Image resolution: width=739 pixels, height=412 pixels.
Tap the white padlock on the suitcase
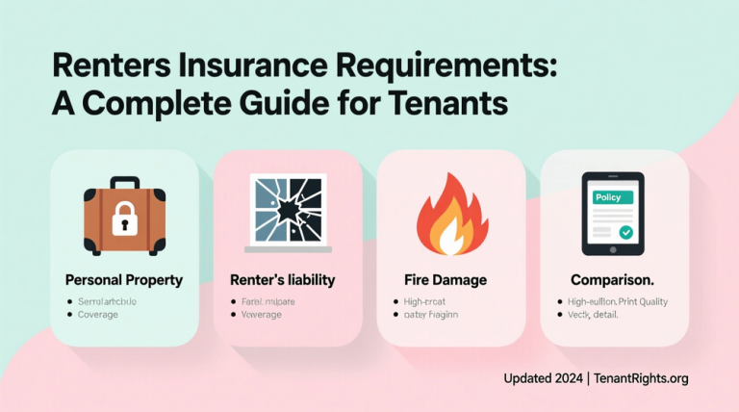[x=124, y=220]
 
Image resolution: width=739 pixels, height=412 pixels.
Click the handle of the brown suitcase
[x=124, y=183]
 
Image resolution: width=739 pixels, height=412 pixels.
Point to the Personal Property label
[x=123, y=280]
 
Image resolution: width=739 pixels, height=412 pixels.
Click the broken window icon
[x=287, y=209]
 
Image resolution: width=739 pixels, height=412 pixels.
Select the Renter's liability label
[x=282, y=280]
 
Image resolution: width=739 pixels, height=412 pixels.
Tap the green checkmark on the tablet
[x=626, y=232]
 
